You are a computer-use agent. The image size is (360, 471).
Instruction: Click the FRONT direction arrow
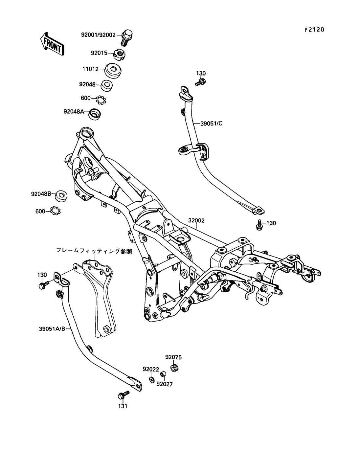pos(52,44)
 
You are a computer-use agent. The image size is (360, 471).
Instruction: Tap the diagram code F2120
pos(314,30)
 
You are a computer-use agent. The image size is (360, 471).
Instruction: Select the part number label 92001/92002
pos(98,35)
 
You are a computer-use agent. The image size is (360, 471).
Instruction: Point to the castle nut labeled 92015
pos(120,55)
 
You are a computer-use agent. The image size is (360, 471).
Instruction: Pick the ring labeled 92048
pos(107,86)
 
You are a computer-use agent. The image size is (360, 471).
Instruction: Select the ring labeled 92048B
pos(61,196)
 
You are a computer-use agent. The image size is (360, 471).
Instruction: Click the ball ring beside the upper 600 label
pos(101,100)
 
